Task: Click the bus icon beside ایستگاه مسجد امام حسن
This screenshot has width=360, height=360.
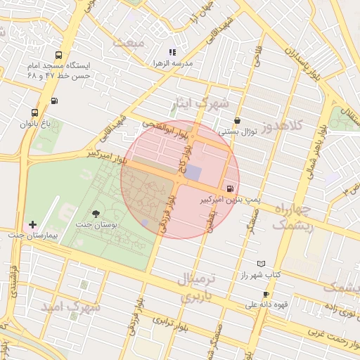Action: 58,54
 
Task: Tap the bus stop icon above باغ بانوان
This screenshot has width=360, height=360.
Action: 34,112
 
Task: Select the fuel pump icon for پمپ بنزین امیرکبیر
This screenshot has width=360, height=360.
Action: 231,188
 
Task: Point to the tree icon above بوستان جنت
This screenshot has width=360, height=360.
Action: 96,212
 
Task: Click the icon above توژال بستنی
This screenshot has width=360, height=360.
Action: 237,120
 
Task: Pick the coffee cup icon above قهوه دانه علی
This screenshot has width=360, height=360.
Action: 266,294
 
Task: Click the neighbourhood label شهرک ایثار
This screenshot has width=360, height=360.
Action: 201,105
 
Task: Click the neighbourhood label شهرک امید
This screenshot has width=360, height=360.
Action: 77,307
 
